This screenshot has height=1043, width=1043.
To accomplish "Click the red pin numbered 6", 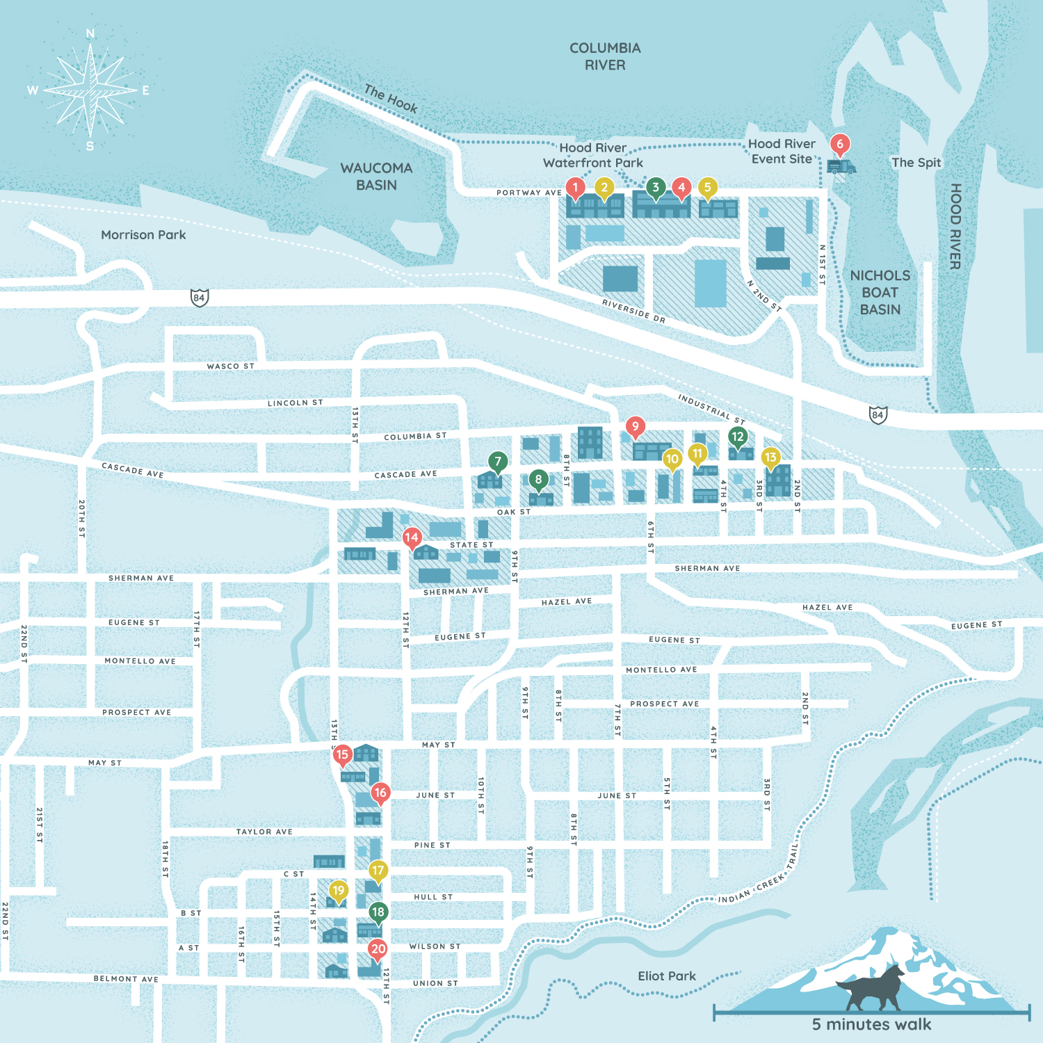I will click(x=840, y=145).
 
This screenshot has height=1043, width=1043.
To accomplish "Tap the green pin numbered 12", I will click(x=738, y=437).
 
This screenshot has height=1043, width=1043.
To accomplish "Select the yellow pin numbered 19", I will click(x=339, y=891).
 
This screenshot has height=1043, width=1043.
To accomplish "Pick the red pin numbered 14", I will click(x=412, y=537).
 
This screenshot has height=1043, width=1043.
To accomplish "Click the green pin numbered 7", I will click(x=498, y=462).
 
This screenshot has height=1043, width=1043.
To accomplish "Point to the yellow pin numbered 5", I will click(x=707, y=187).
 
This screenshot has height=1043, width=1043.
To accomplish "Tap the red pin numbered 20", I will click(x=378, y=949).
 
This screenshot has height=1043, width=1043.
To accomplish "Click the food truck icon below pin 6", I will click(x=841, y=167).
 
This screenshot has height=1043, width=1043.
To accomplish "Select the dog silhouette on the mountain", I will click(x=873, y=988).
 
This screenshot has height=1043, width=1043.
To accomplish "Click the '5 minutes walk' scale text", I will click(x=871, y=1024).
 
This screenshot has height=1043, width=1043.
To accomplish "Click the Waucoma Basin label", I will click(x=376, y=177).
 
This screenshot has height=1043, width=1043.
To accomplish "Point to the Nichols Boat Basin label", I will click(x=880, y=293).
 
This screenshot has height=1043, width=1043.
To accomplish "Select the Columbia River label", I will click(x=605, y=56).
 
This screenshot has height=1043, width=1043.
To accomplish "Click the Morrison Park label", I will click(x=143, y=235).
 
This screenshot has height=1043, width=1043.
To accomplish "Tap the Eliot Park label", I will click(x=667, y=976).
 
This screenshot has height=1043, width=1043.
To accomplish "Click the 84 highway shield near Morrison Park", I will click(x=200, y=298).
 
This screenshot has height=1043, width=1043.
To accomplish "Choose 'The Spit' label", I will click(x=916, y=163).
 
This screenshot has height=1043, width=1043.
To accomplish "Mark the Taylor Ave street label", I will click(x=264, y=832).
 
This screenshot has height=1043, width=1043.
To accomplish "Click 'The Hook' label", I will click(x=391, y=99).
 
